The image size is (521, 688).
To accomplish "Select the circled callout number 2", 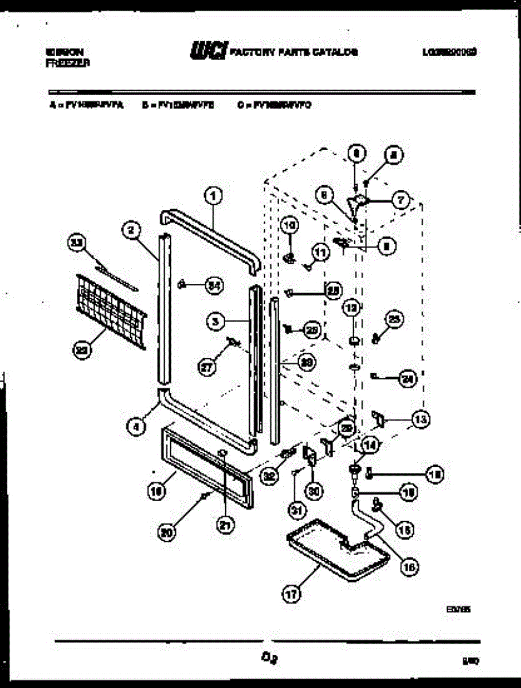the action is click(131, 230).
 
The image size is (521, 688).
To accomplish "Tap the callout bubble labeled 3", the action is click(216, 322).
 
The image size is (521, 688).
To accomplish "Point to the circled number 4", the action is click(136, 427).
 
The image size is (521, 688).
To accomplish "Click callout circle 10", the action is click(289, 226).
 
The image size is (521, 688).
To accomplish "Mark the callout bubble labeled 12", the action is click(351, 308).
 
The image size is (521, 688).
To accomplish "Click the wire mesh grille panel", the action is click(109, 310).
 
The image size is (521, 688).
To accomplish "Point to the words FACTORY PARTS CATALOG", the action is click(294, 52).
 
